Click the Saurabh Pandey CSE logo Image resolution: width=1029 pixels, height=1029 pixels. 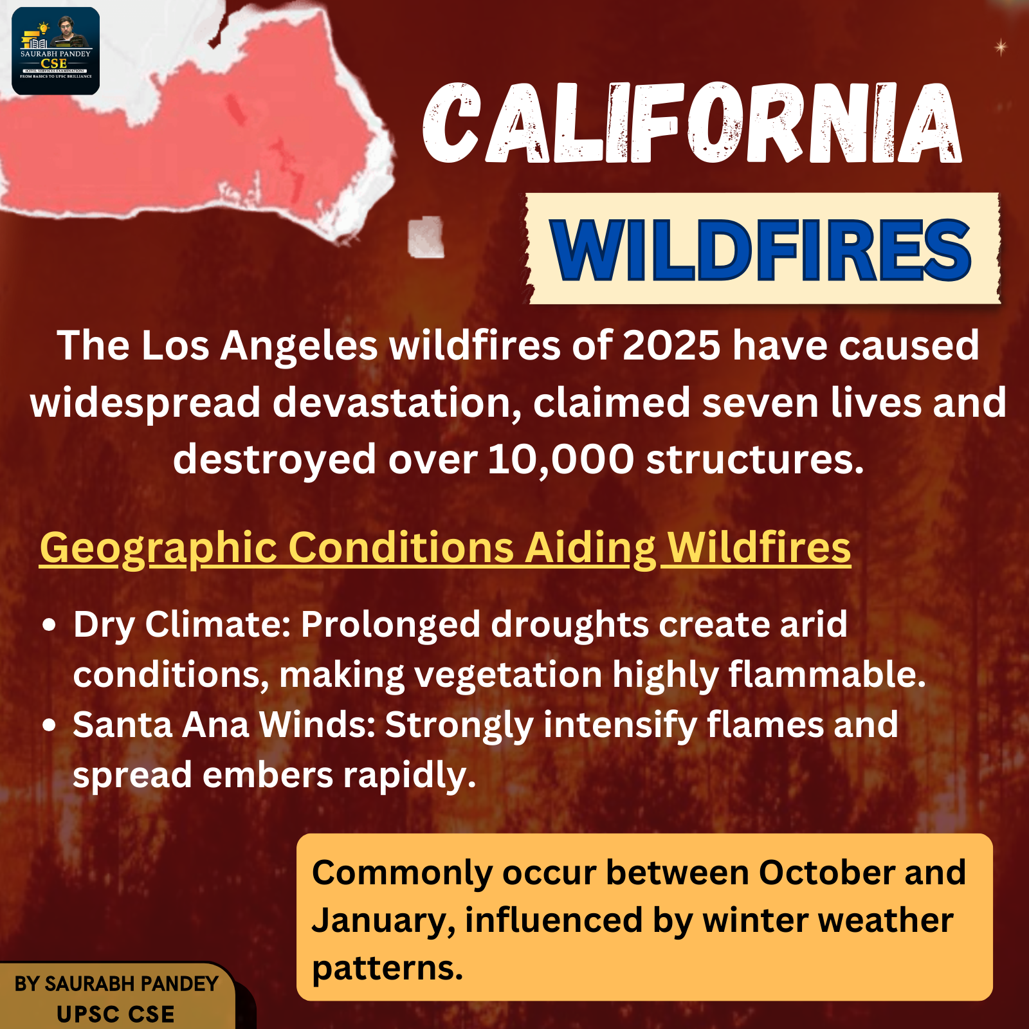pyautogui.click(x=56, y=51)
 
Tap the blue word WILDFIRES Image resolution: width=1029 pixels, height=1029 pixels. pyautogui.click(x=761, y=250)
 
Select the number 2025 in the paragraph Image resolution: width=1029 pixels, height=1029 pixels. pyautogui.click(x=671, y=345)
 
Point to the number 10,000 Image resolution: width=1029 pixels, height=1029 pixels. pyautogui.click(x=561, y=459)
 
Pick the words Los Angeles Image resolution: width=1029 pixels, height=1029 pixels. pyautogui.click(x=259, y=347)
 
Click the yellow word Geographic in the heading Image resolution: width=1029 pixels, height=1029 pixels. pyautogui.click(x=158, y=549)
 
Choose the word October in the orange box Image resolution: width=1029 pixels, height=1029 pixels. pyautogui.click(x=826, y=873)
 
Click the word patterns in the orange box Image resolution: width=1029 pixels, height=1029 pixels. pyautogui.click(x=387, y=969)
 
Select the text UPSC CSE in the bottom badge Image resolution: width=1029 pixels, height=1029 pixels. pyautogui.click(x=116, y=1014)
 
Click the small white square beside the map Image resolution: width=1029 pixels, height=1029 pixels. pyautogui.click(x=426, y=237)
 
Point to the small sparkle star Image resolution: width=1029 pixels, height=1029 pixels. pyautogui.click(x=1001, y=47)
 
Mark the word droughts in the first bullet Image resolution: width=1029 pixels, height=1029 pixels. pyautogui.click(x=570, y=624)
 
